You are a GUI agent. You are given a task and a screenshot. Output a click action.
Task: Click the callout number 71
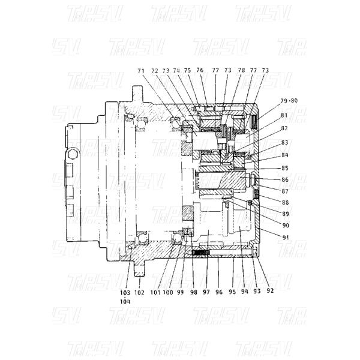[x=141, y=71]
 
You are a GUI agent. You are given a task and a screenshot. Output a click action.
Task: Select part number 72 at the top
[x=155, y=71]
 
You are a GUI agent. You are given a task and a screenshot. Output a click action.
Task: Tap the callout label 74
[x=176, y=71]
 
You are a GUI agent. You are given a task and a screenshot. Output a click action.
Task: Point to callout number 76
[x=200, y=71]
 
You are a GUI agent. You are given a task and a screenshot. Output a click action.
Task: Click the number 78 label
[x=241, y=71]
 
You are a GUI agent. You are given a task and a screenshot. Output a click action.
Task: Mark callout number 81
[x=284, y=115]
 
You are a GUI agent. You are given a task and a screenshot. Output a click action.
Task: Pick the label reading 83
[x=284, y=142]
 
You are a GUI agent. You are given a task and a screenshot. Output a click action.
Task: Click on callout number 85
[x=284, y=168]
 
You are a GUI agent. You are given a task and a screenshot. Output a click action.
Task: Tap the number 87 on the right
[x=284, y=191]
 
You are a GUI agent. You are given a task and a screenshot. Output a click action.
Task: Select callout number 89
[x=284, y=214]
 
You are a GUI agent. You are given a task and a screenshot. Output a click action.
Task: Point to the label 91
[x=284, y=237]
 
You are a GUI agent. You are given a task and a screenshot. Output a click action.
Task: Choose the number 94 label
[x=244, y=292]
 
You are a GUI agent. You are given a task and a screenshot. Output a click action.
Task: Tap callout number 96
[x=218, y=292]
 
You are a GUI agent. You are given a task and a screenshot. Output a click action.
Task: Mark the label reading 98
[x=193, y=292]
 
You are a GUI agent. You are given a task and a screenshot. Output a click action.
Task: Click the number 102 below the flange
[x=139, y=292]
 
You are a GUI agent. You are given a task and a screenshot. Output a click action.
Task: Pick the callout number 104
[x=125, y=302]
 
